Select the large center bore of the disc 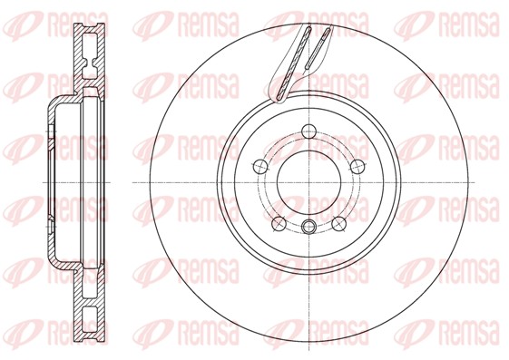pyautogui.click(x=308, y=180)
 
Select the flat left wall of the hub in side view pyautogui.click(x=46, y=180)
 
